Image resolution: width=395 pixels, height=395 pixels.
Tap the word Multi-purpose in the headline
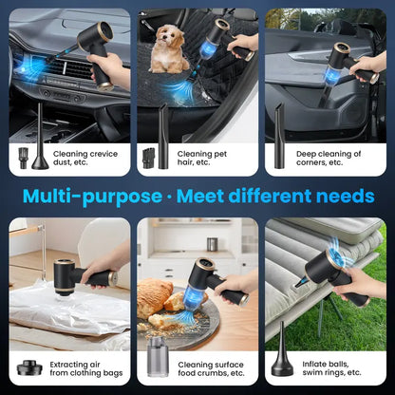pos(91,197)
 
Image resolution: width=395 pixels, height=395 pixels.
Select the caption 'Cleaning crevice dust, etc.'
pos(86,157)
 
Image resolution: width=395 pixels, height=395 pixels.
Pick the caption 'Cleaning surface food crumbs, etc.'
pos(210,367)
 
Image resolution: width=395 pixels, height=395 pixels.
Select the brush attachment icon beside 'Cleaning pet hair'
pos(148,158)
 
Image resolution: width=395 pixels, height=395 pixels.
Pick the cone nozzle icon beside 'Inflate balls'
pos(283,361)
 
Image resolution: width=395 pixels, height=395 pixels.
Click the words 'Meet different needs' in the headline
pos(274,197)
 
